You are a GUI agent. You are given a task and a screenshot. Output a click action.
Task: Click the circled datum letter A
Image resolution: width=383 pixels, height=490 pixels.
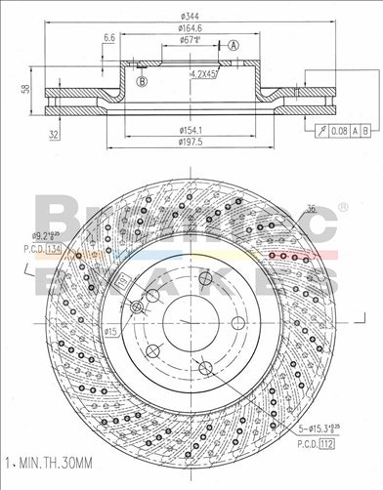tap(234, 45)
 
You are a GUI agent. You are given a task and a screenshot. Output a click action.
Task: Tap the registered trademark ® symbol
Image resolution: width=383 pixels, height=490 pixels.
tap(342, 207)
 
